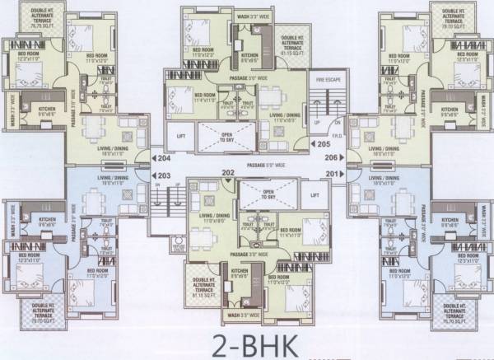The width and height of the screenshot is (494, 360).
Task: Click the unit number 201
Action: [332, 174]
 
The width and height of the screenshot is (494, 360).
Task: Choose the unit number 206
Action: [332, 156]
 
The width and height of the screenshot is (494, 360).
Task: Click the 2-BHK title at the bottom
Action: [246, 341]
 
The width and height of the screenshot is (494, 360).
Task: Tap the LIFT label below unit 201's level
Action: [314, 195]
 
